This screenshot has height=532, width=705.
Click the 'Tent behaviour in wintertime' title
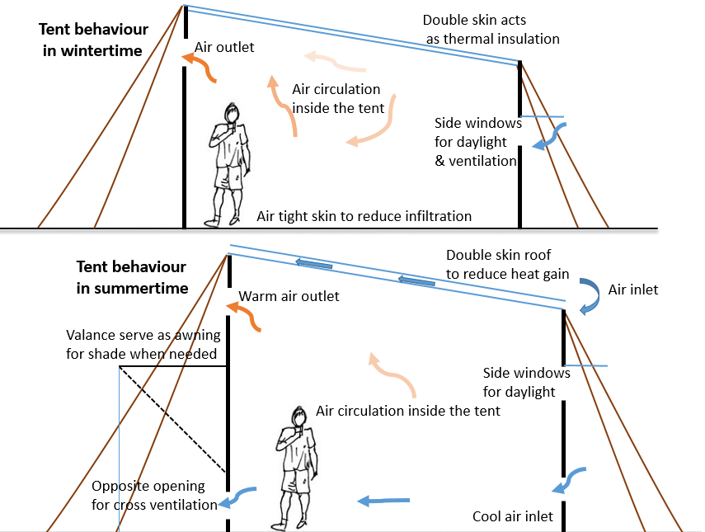tap(93, 40)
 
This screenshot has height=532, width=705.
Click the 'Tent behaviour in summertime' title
tap(132, 277)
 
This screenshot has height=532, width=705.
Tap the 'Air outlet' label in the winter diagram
tap(224, 48)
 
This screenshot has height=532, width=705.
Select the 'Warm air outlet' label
tap(289, 296)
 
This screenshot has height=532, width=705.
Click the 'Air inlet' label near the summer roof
tap(633, 290)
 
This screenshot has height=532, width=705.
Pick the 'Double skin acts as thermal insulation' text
tap(491, 29)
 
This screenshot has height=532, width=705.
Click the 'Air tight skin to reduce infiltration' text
tap(364, 216)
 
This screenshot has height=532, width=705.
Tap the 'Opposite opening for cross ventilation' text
tap(155, 495)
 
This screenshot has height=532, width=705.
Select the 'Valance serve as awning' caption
tap(141, 345)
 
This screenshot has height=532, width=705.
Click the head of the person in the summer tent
tap(298, 417)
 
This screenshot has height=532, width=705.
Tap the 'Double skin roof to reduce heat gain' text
tap(507, 264)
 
